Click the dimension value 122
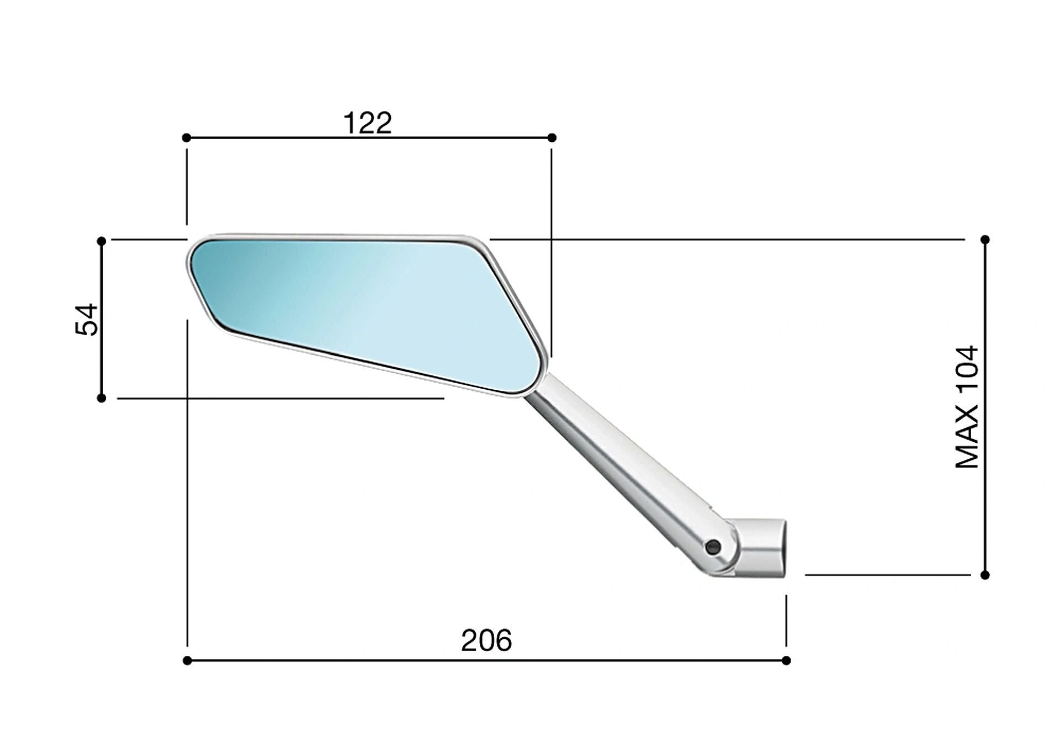[x=368, y=123]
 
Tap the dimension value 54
[x=87, y=319]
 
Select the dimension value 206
[x=486, y=640]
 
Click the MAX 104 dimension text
[x=967, y=407]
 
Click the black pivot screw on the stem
[x=713, y=547]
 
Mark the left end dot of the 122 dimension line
[x=187, y=137]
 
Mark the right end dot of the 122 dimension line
[x=552, y=137]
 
